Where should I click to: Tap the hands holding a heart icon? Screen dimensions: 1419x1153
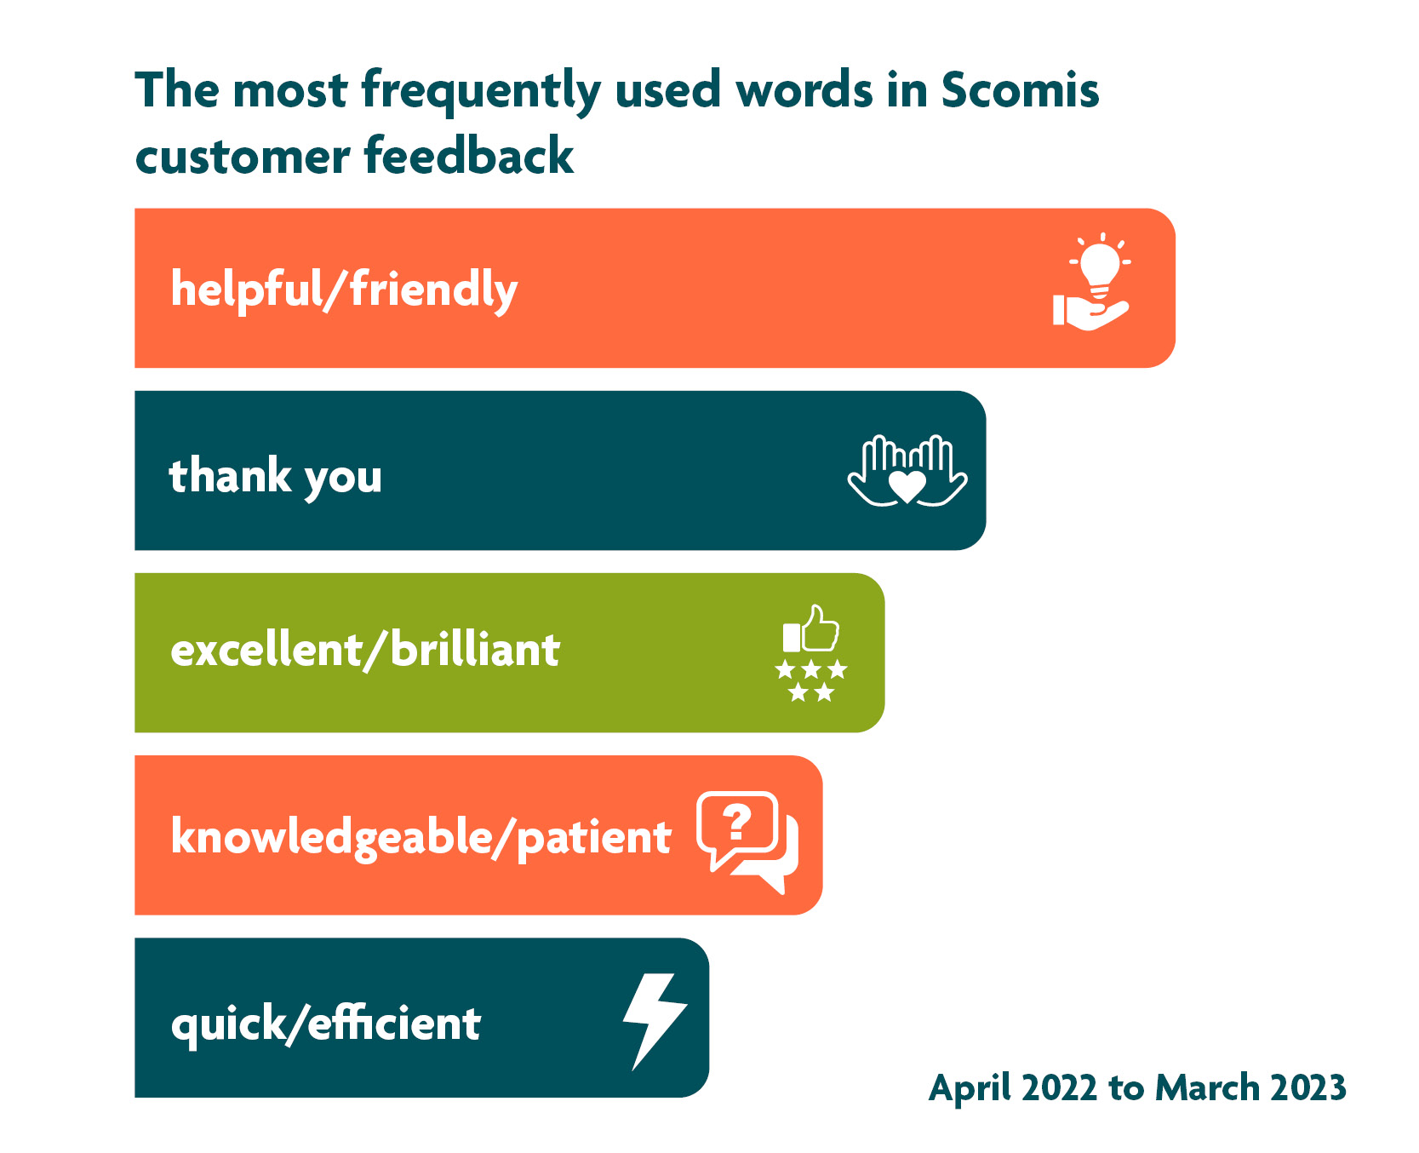coord(907,471)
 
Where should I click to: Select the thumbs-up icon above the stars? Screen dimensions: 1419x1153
coord(811,628)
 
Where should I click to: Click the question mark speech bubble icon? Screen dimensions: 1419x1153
coord(747,841)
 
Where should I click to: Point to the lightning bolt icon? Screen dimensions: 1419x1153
coord(654,1020)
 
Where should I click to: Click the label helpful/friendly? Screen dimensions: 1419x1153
coord(344,290)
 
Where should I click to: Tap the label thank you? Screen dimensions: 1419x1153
coord(275,475)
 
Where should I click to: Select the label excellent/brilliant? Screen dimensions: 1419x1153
coord(365,650)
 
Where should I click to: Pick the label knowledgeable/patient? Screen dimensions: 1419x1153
coord(421,837)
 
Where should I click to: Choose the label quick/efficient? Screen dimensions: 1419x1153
coord(326,1023)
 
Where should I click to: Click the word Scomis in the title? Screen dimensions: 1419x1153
coord(1020,89)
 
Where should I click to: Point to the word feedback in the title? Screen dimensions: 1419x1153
coord(469,156)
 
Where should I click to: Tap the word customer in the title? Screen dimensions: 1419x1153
coord(243,158)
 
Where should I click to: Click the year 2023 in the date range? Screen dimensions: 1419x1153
coord(1308,1087)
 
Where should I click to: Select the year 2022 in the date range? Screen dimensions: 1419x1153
coord(1059,1087)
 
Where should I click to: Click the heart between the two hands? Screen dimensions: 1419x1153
coord(907,486)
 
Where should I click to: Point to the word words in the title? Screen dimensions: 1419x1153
coord(804,89)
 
